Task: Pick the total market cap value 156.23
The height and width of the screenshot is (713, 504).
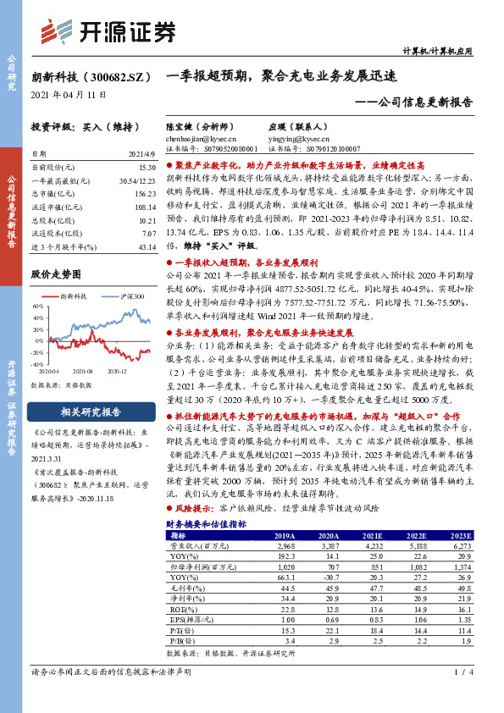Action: [146, 193]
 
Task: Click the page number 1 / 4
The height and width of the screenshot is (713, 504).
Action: [462, 695]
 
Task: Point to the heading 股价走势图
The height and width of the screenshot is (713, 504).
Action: [56, 274]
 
